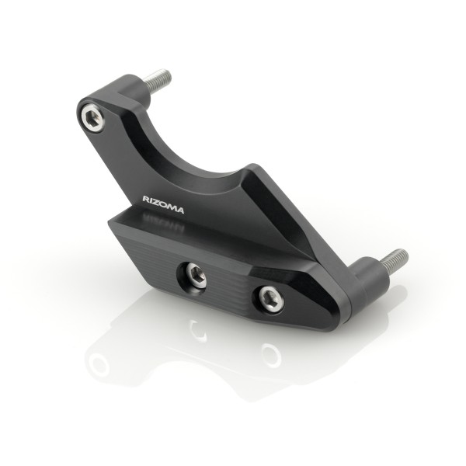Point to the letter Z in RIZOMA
click(x=157, y=200)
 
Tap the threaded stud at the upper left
click(x=158, y=78)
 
